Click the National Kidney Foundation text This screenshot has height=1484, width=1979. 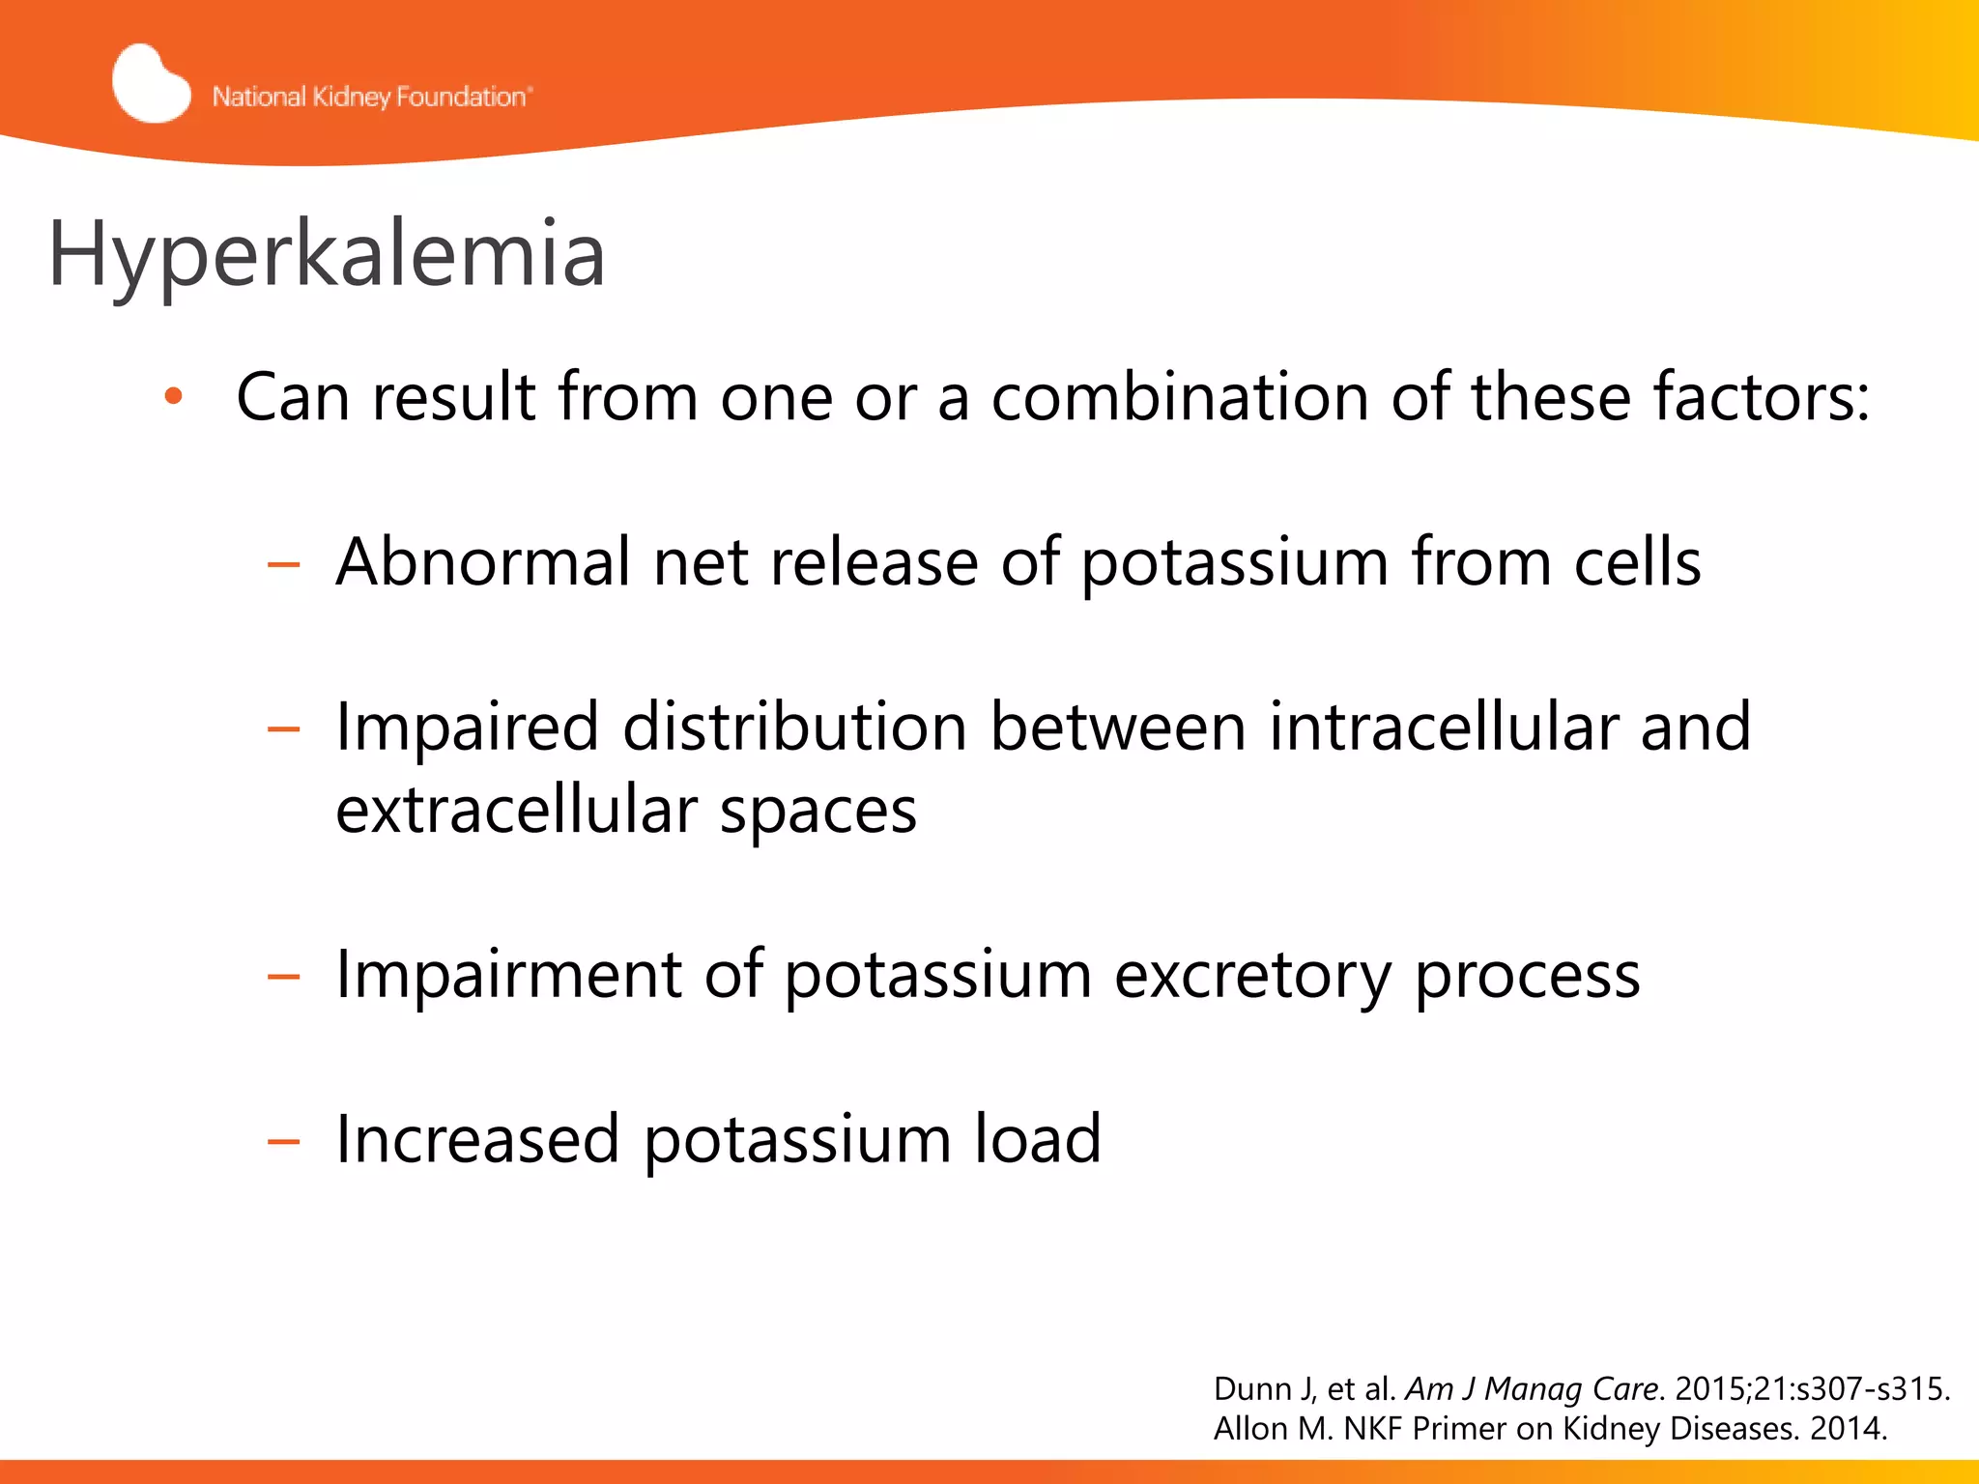[371, 97]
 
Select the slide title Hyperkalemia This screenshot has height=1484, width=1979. [327, 254]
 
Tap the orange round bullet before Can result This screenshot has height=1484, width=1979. [173, 396]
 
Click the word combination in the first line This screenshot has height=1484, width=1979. [1180, 397]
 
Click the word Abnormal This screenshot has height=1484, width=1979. [482, 561]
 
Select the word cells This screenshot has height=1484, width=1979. [1637, 561]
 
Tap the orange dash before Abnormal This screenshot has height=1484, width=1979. [283, 564]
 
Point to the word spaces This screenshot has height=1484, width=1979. [817, 812]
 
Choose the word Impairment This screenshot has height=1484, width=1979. [508, 974]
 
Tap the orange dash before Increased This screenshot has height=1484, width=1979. [283, 1142]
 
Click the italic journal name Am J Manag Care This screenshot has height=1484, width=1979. [1533, 1388]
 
